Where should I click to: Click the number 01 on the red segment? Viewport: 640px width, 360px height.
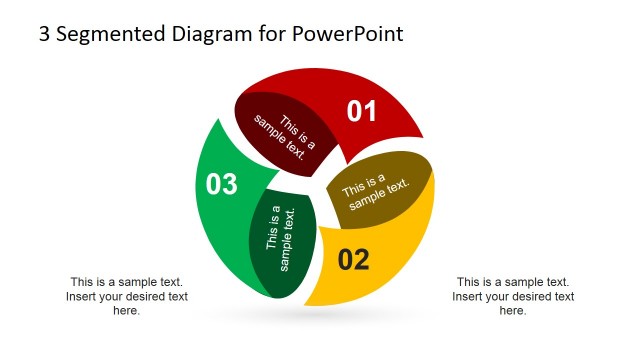(x=362, y=111)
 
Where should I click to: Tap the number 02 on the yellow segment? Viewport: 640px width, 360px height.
(x=354, y=260)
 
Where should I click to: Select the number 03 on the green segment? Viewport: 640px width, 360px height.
(x=222, y=184)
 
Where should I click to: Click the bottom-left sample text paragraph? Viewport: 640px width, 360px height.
(x=127, y=296)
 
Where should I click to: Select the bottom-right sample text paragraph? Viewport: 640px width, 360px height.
(x=513, y=296)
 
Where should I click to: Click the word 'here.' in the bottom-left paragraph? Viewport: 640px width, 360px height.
(x=127, y=311)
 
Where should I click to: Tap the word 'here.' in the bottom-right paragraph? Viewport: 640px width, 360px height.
(x=513, y=311)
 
